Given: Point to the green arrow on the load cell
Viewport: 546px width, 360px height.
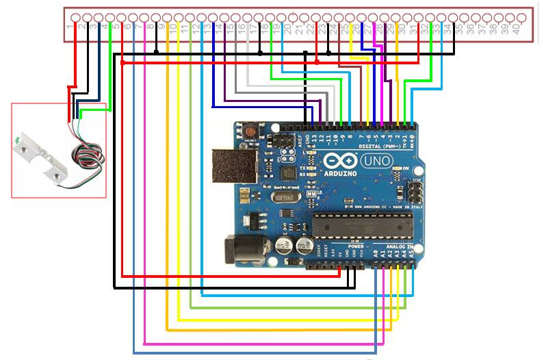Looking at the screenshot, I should [16, 144].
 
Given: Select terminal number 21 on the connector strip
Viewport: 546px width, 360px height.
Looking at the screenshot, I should [299, 29].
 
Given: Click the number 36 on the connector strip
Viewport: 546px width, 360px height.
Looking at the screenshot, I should [471, 29].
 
